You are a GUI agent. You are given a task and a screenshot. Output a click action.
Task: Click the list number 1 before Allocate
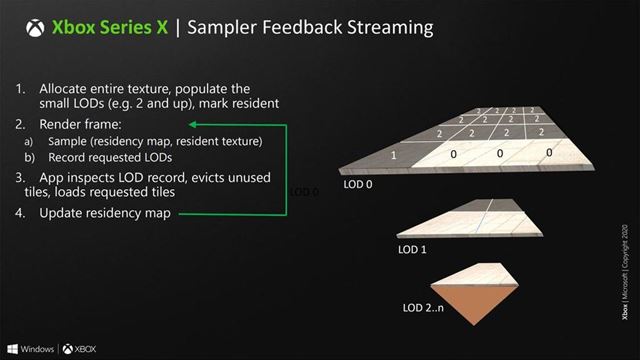point(22,88)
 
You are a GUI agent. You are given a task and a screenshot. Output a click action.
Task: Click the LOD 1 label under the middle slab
point(412,248)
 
